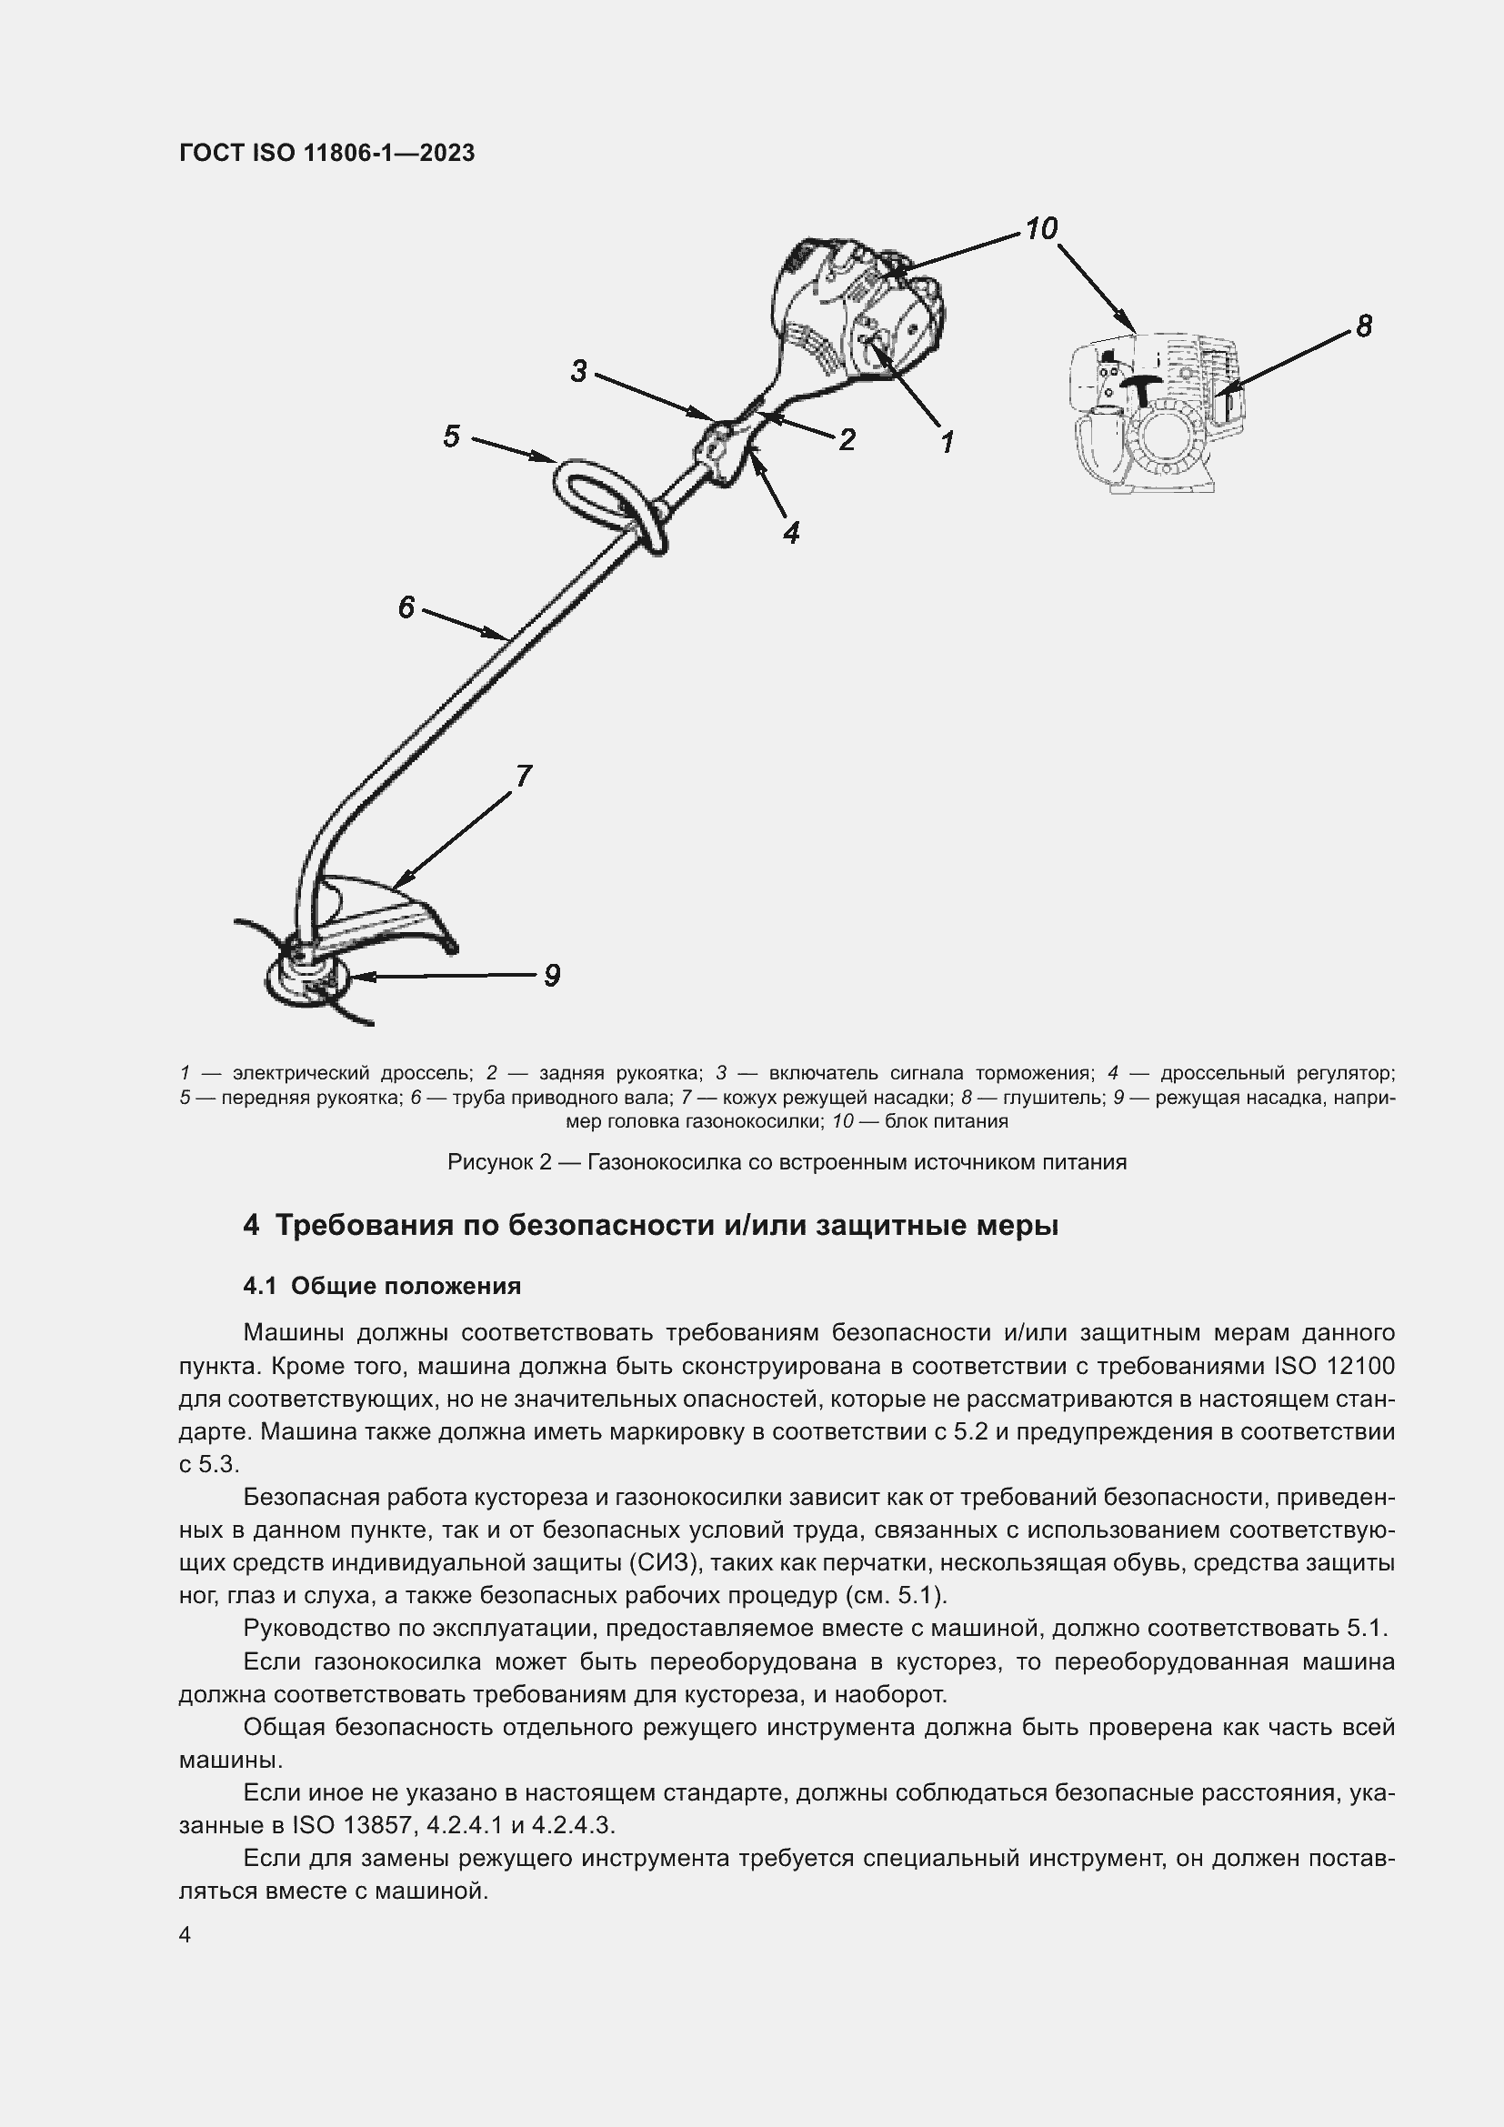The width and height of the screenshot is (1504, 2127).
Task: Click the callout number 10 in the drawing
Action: [x=1042, y=229]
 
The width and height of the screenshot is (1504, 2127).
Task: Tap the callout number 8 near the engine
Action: [x=1363, y=326]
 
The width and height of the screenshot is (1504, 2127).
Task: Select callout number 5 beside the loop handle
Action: [x=451, y=436]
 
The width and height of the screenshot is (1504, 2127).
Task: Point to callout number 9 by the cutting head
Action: [x=551, y=976]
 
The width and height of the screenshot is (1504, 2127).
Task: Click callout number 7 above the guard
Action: [x=523, y=777]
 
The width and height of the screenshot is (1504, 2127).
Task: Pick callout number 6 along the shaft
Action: [x=406, y=607]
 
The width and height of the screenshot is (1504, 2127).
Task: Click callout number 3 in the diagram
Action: [x=579, y=372]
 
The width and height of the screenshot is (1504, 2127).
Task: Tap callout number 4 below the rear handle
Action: [x=791, y=532]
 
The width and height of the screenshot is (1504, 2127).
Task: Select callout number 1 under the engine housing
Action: [x=947, y=442]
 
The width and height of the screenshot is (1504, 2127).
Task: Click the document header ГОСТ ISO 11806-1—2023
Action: [x=327, y=153]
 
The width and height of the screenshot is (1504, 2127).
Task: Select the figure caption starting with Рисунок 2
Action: [x=787, y=1161]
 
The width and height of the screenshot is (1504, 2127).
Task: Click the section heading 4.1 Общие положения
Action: [x=382, y=1286]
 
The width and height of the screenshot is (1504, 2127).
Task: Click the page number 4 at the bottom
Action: [x=185, y=1935]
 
